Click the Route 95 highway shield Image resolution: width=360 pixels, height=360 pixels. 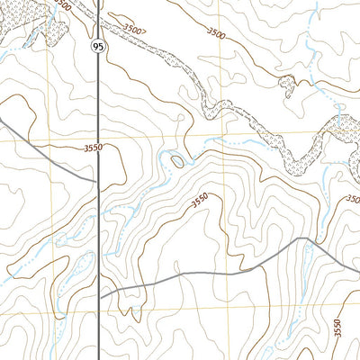pyautogui.click(x=95, y=44)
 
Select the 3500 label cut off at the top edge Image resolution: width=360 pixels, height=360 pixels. pyautogui.click(x=61, y=4)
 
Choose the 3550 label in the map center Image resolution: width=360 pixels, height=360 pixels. pyautogui.click(x=200, y=201)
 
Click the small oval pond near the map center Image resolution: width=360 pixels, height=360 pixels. pyautogui.click(x=177, y=162)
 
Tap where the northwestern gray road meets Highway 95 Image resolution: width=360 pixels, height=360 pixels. pyautogui.click(x=97, y=179)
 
